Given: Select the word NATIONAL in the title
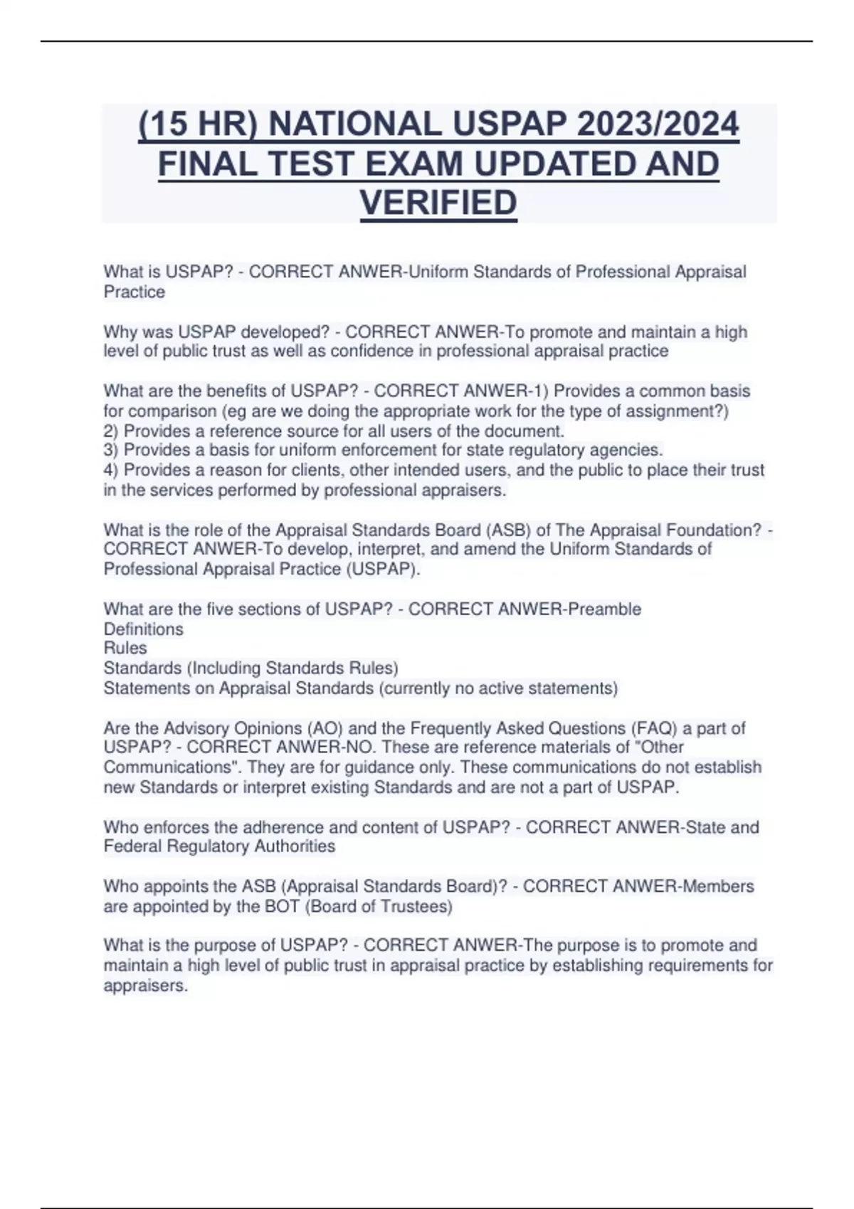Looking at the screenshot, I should point(356,124).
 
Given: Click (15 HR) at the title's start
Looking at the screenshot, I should point(199,124).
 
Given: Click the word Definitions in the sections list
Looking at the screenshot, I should point(143,629).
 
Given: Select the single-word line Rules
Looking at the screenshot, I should point(125,648).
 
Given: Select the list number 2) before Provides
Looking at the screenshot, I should point(112,431).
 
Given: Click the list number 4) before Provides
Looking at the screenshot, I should point(112,470).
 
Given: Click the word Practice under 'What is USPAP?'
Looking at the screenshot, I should point(134,292).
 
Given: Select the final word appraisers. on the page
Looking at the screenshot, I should point(146,986).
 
